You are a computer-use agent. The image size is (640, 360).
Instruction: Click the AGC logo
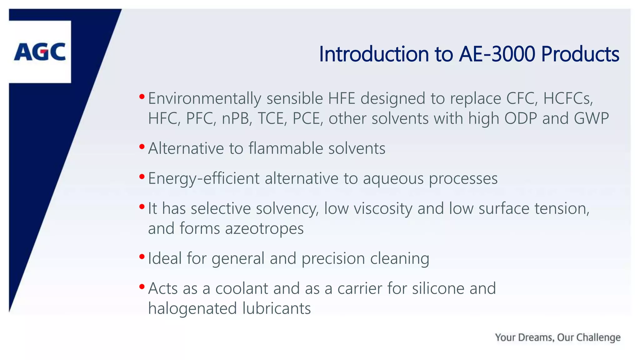click(40, 52)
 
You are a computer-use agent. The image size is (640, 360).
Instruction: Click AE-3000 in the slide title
click(497, 54)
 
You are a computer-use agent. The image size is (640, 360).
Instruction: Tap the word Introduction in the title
click(374, 54)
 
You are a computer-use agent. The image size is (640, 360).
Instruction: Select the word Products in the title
click(580, 54)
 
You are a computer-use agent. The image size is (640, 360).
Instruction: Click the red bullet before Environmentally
click(142, 97)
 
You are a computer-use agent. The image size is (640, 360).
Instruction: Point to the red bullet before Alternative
click(142, 146)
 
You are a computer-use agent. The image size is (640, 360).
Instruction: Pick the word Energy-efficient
click(204, 179)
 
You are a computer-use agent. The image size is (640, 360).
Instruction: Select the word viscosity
click(383, 209)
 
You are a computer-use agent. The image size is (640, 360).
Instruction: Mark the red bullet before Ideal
click(142, 257)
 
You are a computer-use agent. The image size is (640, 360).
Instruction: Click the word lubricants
click(277, 309)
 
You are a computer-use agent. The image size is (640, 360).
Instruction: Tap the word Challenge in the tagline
click(598, 337)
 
